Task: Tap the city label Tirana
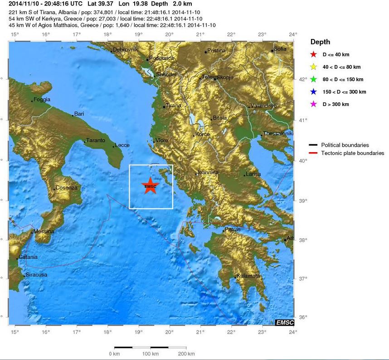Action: [x=173, y=106]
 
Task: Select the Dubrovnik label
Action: [x=125, y=49]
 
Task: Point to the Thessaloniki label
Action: [x=279, y=134]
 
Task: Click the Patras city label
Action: [x=233, y=230]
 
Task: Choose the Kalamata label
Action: [x=248, y=276]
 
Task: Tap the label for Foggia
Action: [x=42, y=99]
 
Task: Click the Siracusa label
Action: [x=37, y=274]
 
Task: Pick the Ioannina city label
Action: [x=208, y=173]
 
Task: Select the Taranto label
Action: [x=96, y=140]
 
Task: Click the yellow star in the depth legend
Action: [x=313, y=67]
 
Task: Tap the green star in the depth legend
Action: [x=313, y=79]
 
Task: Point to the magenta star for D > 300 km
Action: [x=313, y=104]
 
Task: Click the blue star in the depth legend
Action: [x=313, y=92]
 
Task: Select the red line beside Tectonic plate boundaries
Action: [x=313, y=153]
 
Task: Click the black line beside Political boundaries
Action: [x=313, y=145]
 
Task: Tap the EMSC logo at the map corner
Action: [x=285, y=322]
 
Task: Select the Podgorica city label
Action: [x=162, y=58]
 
